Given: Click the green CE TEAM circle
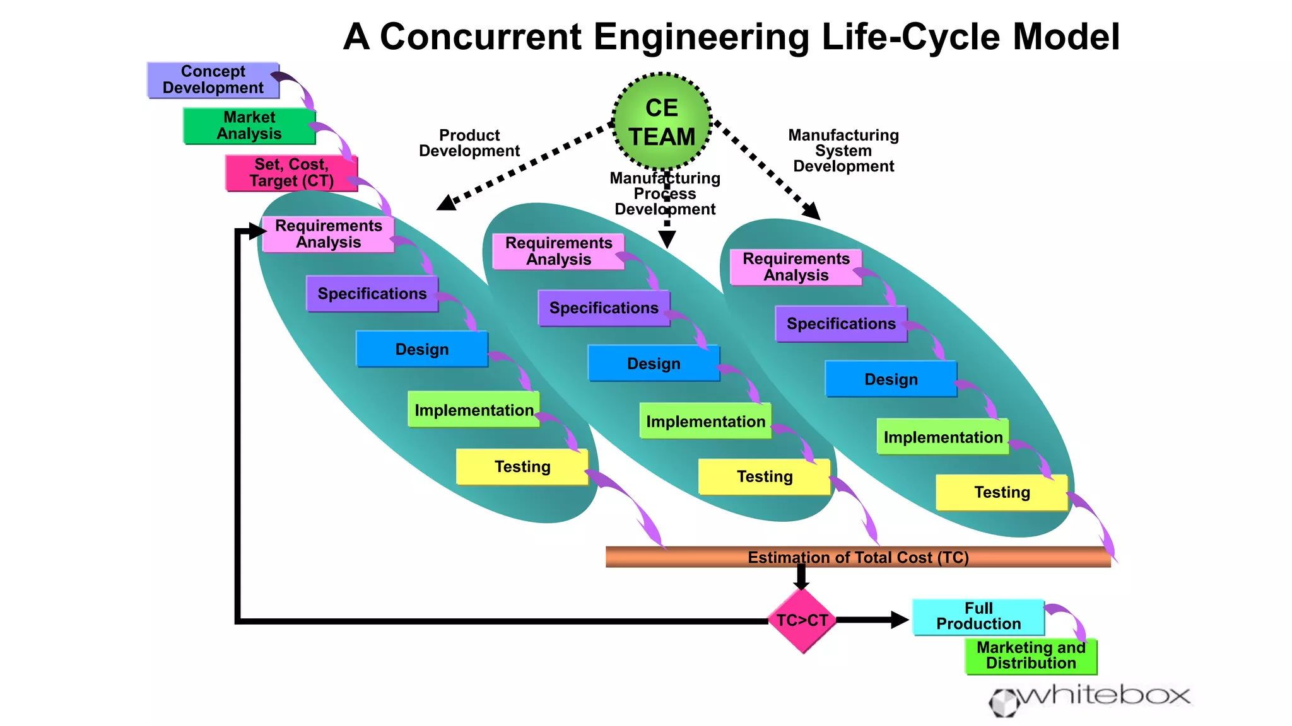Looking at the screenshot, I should tap(662, 122).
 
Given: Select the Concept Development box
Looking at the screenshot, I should tap(213, 80).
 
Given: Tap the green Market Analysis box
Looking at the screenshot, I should tap(249, 126).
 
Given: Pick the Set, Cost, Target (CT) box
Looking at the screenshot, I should tap(291, 173).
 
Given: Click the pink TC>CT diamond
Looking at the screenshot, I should tap(802, 621).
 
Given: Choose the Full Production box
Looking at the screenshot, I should tap(978, 617).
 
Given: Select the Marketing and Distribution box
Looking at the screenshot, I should tap(1031, 656).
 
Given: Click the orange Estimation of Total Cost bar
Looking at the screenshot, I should tap(858, 557).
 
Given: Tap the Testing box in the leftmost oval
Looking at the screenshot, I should tap(522, 467).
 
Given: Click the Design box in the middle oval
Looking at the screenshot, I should tap(654, 364).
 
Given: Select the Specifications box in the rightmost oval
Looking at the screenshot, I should tap(841, 324).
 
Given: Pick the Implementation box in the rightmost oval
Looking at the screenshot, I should tap(943, 437).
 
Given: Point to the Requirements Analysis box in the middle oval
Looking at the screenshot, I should tap(558, 251).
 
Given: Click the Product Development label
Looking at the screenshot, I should tap(469, 144).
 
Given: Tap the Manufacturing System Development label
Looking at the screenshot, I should tap(843, 151).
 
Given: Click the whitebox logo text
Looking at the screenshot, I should tap(1104, 696).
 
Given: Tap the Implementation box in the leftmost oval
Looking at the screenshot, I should tap(474, 410).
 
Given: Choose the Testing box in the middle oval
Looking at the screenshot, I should tap(764, 477).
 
